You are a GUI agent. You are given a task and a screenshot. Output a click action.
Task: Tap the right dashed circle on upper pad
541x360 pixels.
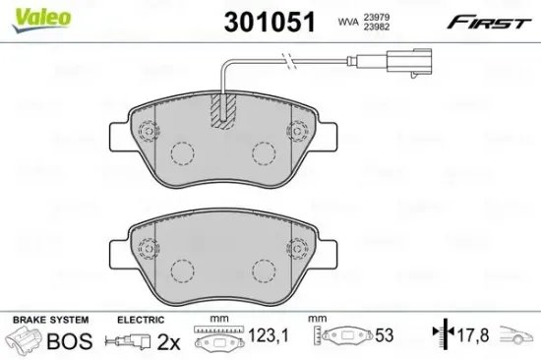tap(263, 152)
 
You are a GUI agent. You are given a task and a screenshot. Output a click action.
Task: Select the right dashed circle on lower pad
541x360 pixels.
tap(263, 270)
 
